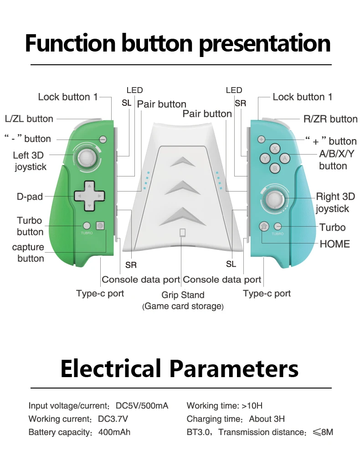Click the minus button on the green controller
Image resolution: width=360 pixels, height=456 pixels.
(x=103, y=139)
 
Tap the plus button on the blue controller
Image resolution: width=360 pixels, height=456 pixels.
(x=261, y=139)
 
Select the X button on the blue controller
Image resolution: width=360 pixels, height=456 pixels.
(x=275, y=149)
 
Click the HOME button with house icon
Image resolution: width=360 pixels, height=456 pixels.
(x=264, y=226)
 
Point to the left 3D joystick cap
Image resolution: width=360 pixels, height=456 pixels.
(x=87, y=158)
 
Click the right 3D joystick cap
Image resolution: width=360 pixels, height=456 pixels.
(x=275, y=199)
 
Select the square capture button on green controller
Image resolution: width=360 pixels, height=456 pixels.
(x=100, y=225)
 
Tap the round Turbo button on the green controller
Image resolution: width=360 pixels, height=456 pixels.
(x=87, y=225)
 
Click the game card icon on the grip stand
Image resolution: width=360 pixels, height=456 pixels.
(x=183, y=233)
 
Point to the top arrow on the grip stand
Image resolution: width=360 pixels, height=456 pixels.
(x=182, y=161)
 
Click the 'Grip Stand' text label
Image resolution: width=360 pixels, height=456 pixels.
(x=183, y=295)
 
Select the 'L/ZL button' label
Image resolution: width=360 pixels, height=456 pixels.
(x=29, y=119)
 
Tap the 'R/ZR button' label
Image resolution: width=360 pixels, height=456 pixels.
(x=330, y=119)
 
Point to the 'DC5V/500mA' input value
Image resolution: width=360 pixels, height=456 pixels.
(x=142, y=406)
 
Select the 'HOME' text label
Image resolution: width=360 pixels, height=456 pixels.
(x=335, y=244)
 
